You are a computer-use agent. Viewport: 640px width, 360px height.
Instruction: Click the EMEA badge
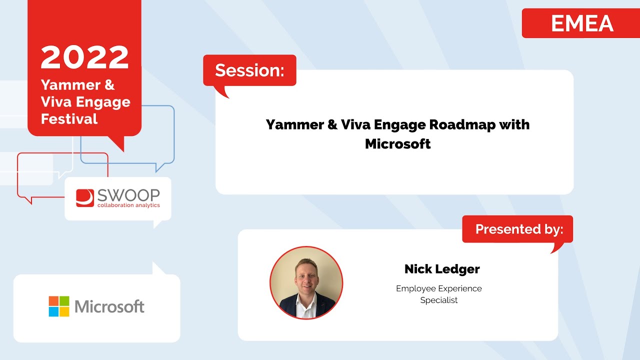tap(582, 23)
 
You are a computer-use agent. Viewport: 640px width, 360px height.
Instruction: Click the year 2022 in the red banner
tap(84, 58)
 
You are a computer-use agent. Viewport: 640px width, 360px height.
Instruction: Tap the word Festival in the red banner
tap(69, 119)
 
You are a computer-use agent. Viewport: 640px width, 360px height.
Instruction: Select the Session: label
tap(249, 70)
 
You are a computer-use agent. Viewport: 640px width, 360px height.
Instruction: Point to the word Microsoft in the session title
tap(397, 144)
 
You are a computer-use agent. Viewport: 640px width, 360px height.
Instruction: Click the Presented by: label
tap(519, 229)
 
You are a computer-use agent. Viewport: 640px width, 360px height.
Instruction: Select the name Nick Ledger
tap(442, 269)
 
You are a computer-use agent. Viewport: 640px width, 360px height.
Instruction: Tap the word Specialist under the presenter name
tap(439, 300)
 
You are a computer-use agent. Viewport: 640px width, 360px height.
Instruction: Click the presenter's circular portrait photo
tap(306, 282)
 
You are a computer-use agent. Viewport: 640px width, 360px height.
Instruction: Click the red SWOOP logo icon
tap(84, 198)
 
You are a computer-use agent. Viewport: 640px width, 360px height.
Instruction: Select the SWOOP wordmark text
tap(128, 195)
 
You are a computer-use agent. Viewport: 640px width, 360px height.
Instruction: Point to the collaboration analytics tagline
tap(128, 205)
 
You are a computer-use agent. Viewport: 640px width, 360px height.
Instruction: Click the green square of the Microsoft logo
tap(64, 301)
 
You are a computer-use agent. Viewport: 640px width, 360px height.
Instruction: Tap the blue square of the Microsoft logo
tap(53, 311)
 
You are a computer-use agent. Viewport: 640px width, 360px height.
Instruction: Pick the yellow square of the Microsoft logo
tap(64, 311)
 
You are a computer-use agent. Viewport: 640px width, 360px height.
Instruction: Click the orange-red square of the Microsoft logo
tap(53, 301)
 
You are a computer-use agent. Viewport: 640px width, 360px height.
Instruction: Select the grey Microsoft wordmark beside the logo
tap(109, 306)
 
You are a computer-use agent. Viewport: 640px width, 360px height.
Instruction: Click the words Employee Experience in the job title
tap(439, 288)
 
